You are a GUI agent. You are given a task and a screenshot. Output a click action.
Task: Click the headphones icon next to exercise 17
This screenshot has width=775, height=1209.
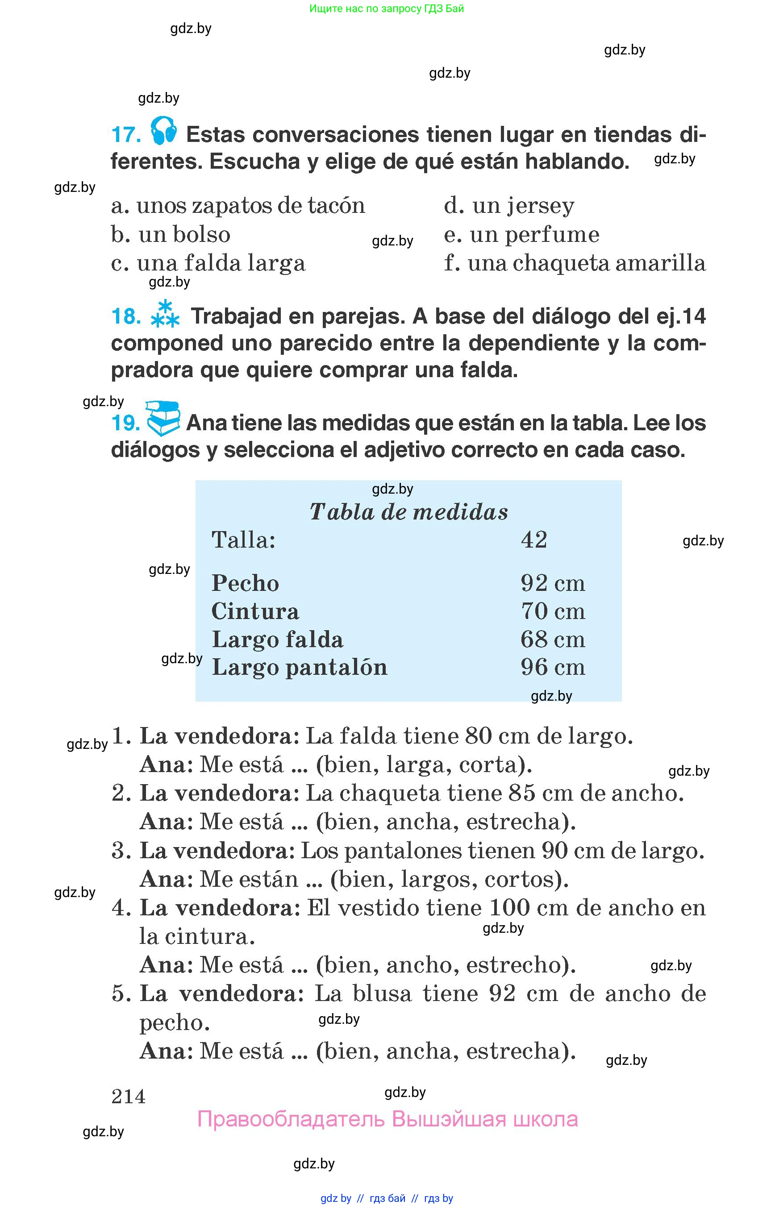tap(163, 131)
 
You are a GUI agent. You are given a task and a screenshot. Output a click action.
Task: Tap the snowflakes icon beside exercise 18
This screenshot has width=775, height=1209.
tap(165, 315)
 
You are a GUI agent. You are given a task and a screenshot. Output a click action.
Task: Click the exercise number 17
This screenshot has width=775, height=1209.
tap(126, 135)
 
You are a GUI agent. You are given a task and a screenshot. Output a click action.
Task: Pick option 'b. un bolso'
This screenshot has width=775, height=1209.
tap(171, 234)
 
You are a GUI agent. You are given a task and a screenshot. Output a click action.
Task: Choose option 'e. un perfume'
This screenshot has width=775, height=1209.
tap(521, 234)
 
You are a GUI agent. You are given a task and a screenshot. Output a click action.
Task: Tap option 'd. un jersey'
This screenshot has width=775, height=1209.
tap(509, 205)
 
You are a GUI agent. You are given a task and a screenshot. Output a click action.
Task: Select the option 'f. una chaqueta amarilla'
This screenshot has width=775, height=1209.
tap(575, 263)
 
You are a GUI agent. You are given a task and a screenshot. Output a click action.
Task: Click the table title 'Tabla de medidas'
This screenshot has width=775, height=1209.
tap(408, 512)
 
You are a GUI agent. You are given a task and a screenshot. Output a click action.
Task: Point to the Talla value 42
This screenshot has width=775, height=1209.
tap(534, 540)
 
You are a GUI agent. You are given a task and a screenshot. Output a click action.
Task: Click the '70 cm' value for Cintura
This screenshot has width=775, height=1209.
tap(553, 611)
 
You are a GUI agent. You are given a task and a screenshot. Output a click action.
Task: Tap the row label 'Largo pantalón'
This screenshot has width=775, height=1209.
tap(300, 667)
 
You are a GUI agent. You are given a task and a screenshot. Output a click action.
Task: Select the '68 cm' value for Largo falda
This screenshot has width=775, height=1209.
tap(553, 640)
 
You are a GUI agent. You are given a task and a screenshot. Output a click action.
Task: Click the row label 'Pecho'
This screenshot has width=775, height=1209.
tap(245, 583)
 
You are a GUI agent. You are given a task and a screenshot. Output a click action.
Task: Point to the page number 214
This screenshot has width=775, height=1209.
tap(128, 1096)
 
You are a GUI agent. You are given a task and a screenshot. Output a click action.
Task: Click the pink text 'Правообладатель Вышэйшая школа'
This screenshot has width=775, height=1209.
tap(387, 1119)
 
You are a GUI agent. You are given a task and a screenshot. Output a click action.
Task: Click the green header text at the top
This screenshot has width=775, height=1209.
tap(387, 8)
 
